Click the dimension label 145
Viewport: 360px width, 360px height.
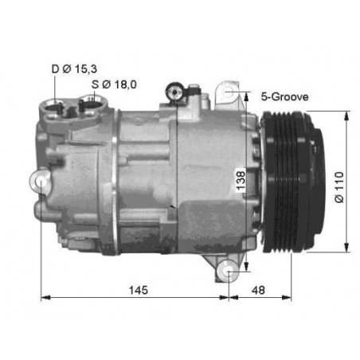tap(139, 290)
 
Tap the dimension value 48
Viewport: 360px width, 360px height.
tap(258, 290)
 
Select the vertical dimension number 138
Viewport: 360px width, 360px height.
tap(241, 181)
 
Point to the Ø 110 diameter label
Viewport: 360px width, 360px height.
tap(339, 187)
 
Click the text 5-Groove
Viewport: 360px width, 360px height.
tap(284, 96)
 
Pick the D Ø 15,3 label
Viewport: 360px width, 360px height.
tap(74, 69)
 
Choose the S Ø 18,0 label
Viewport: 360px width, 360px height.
tap(114, 84)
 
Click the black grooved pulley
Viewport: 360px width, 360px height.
tap(293, 182)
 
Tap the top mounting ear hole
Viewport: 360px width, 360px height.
tap(229, 92)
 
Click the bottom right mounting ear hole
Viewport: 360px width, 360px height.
tap(229, 272)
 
